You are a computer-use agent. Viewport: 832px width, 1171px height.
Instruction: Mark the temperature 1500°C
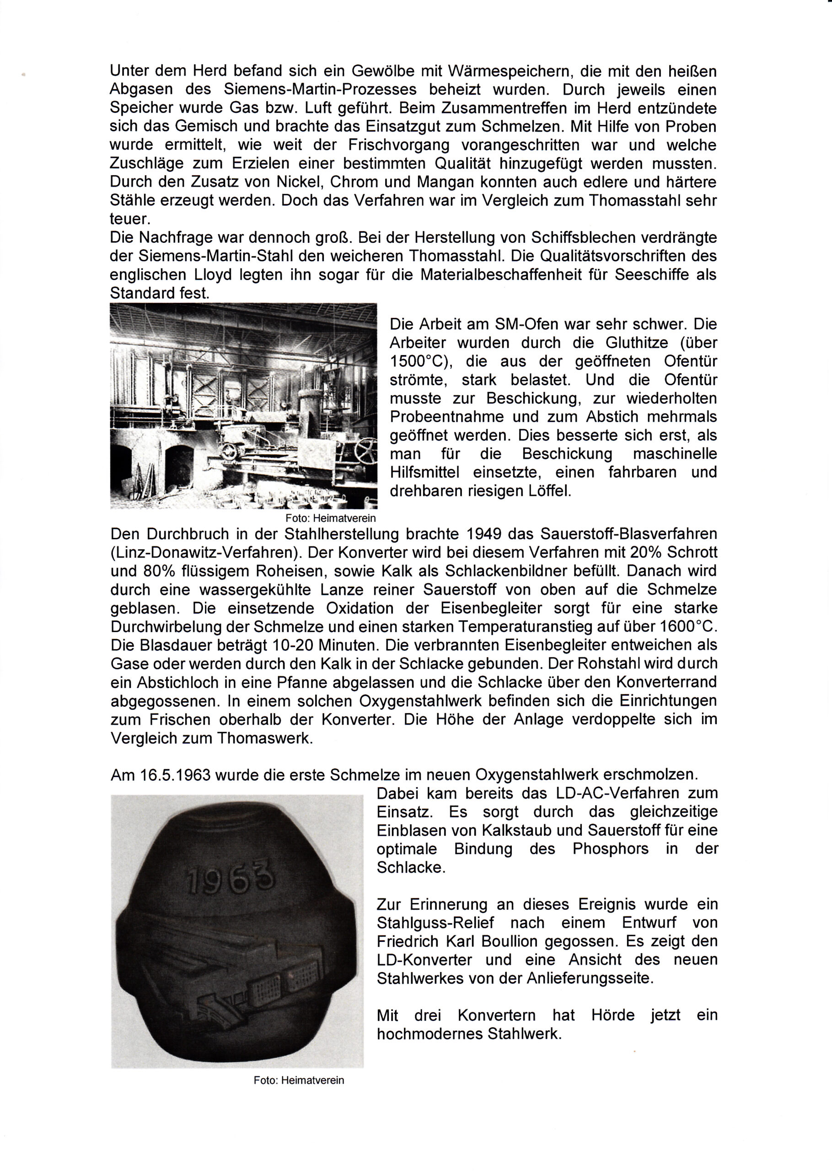pos(419,362)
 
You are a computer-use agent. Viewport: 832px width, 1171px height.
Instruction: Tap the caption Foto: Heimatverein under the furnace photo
pos(330,518)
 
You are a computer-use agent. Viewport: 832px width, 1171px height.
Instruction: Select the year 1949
pos(485,534)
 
